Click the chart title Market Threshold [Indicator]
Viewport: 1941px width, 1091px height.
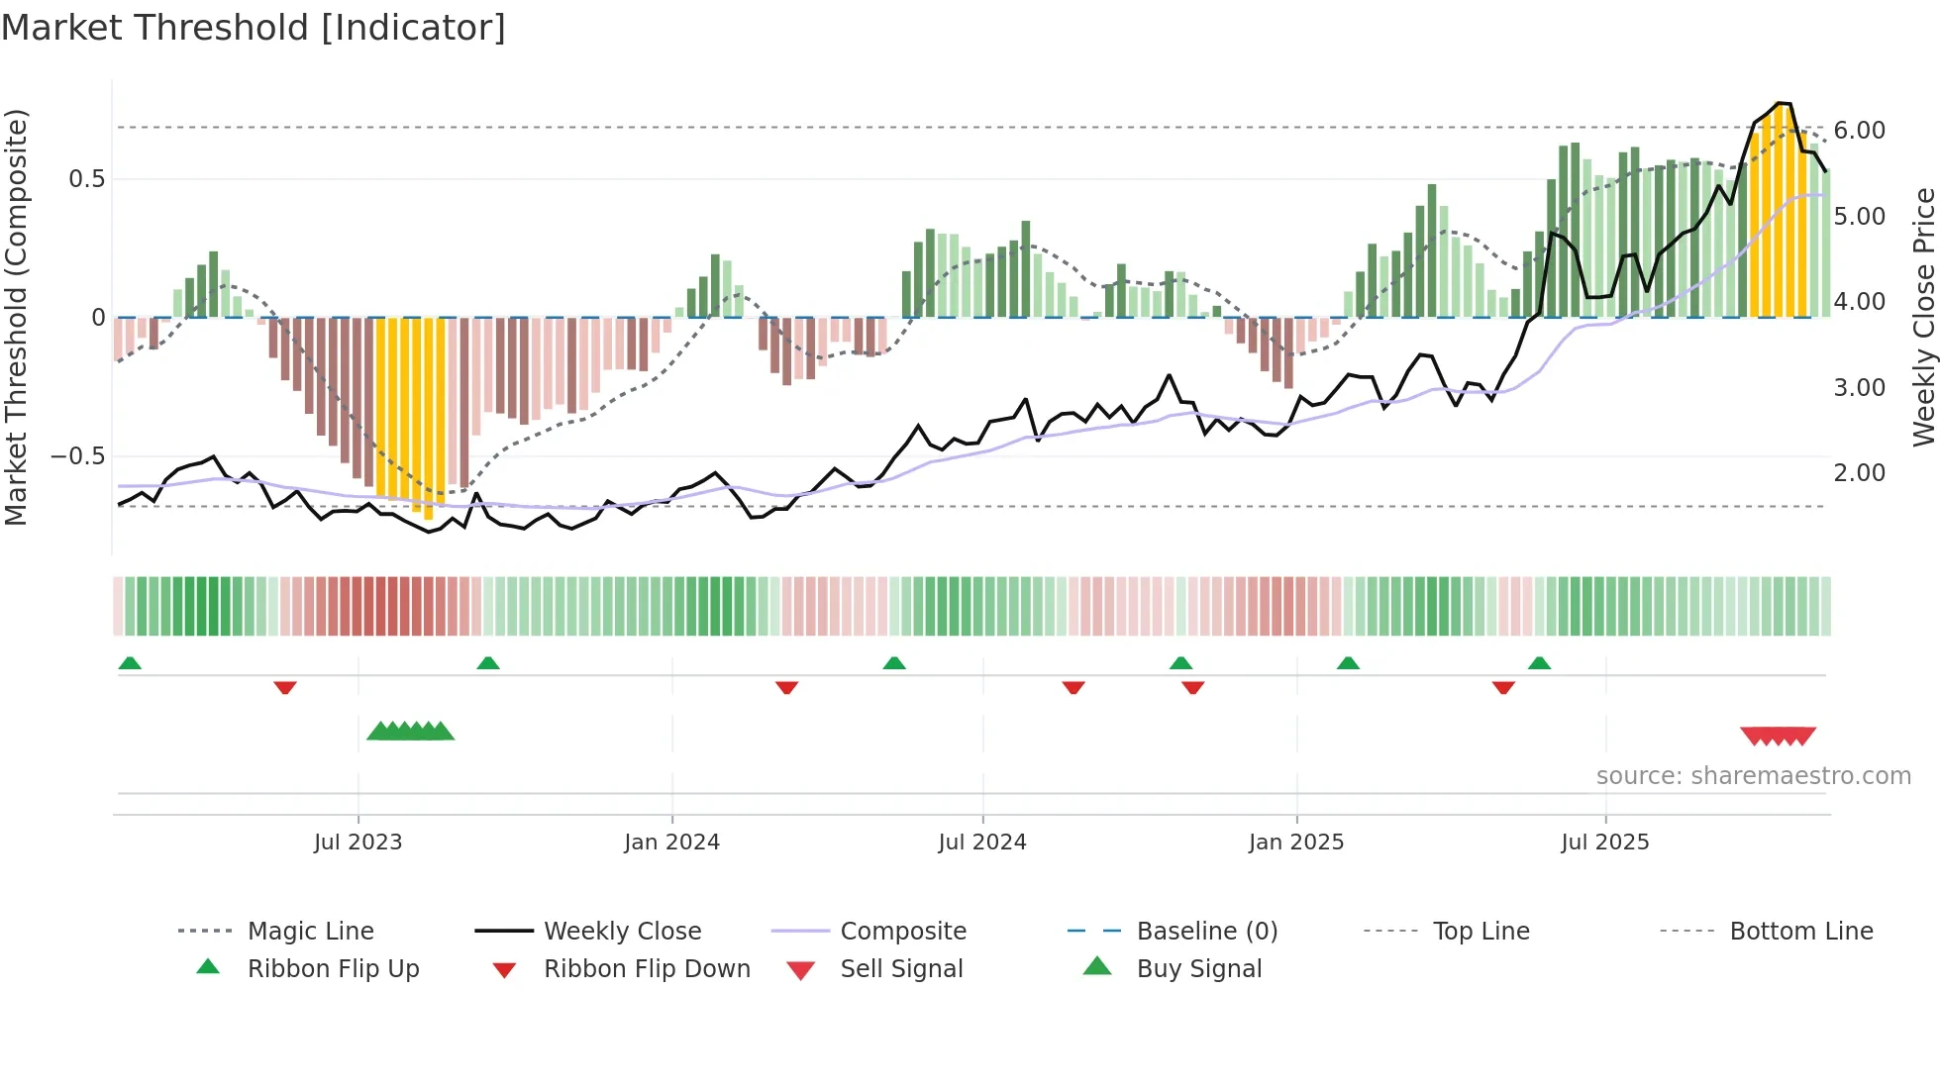pyautogui.click(x=254, y=28)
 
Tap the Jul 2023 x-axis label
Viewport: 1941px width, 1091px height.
pyautogui.click(x=358, y=843)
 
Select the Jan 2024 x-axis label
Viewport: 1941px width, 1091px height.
pyautogui.click(x=671, y=843)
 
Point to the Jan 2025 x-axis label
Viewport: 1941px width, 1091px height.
pyautogui.click(x=1295, y=843)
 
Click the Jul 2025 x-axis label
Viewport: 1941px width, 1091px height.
pyautogui.click(x=1604, y=843)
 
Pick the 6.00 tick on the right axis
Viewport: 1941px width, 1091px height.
pyautogui.click(x=1859, y=131)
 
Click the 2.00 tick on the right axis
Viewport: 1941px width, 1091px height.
pyautogui.click(x=1859, y=473)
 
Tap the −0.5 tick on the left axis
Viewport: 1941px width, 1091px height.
pyautogui.click(x=77, y=456)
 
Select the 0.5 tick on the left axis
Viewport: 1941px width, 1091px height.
pyautogui.click(x=86, y=179)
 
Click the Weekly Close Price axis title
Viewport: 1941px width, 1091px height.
pyautogui.click(x=1922, y=317)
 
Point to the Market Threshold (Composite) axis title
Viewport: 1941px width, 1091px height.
pyautogui.click(x=16, y=317)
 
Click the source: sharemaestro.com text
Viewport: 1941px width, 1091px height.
pyautogui.click(x=1753, y=776)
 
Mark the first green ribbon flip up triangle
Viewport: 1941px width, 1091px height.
pyautogui.click(x=130, y=663)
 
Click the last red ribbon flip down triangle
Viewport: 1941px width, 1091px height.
pyautogui.click(x=1503, y=687)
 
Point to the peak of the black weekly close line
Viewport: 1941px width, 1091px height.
pyautogui.click(x=1781, y=103)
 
